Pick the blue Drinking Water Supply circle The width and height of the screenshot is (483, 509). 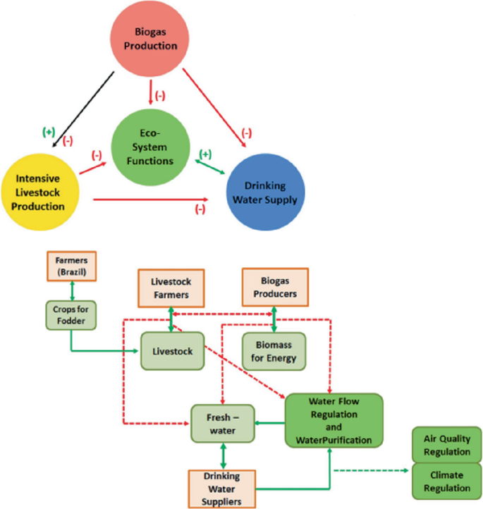click(266, 191)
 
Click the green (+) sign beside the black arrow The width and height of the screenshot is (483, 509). click(49, 132)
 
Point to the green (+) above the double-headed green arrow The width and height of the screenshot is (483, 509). click(206, 154)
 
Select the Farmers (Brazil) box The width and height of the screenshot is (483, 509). click(71, 266)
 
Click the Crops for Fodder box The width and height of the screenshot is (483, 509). click(71, 313)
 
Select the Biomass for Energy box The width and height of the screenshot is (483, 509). click(274, 350)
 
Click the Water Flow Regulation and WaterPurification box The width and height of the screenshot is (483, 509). click(334, 421)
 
